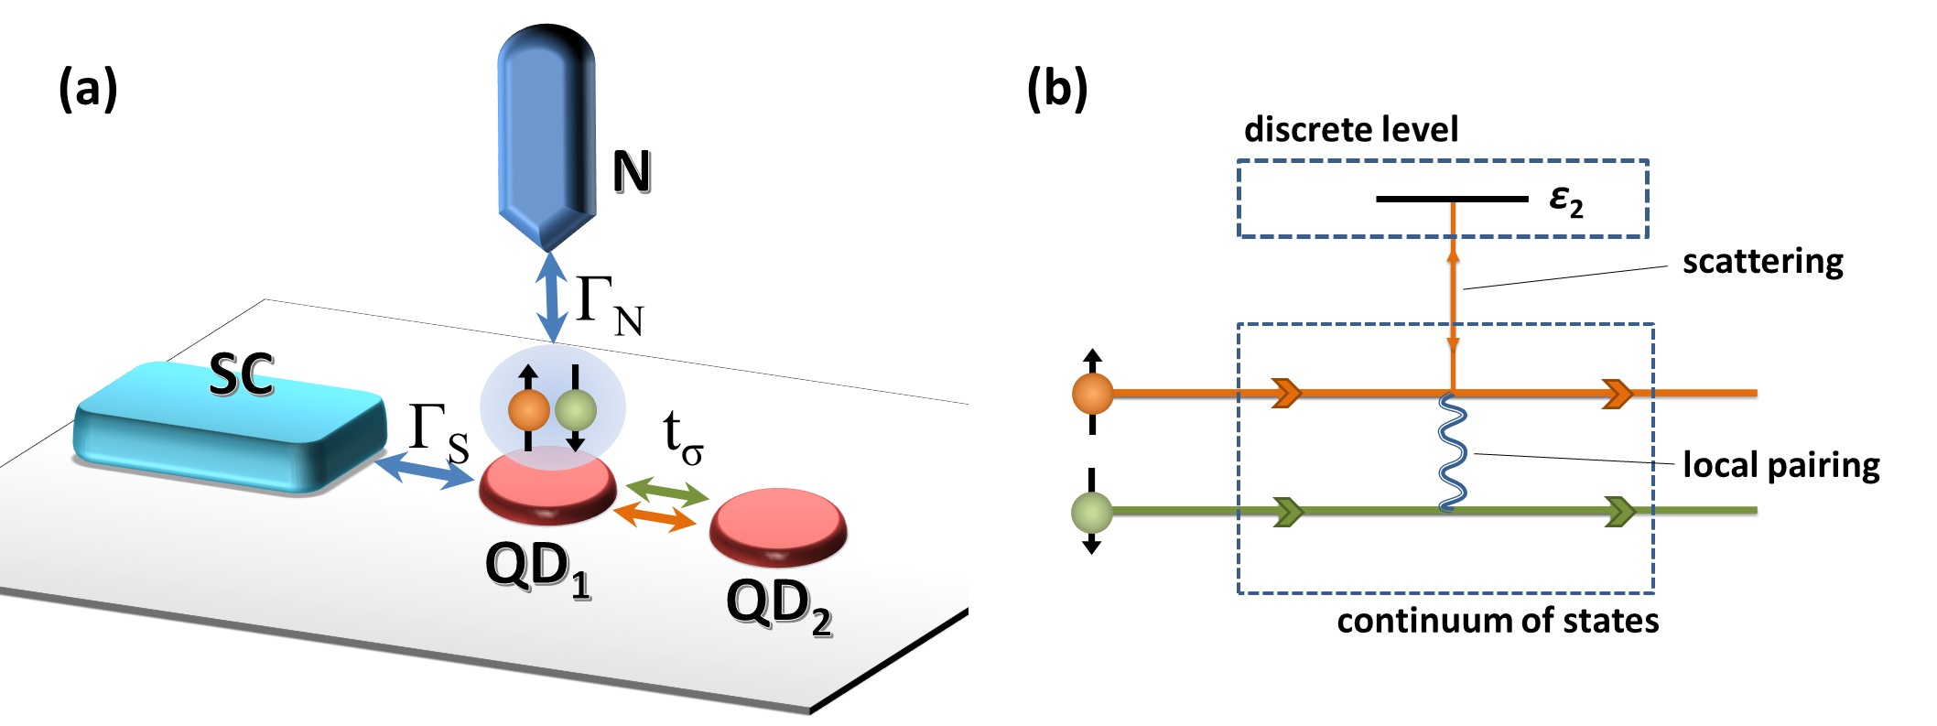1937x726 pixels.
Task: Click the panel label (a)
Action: (88, 90)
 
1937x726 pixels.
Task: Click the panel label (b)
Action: (1057, 90)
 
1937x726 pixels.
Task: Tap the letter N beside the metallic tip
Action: (632, 171)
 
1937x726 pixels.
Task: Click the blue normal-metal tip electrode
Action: (546, 137)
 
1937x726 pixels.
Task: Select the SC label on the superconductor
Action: (242, 374)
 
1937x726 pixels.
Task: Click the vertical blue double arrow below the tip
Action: (551, 298)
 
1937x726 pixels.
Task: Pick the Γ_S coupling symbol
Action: (438, 433)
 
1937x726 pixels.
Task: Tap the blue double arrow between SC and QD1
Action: (425, 471)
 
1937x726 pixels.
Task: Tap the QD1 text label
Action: (538, 569)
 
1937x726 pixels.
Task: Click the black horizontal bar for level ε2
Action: (1452, 199)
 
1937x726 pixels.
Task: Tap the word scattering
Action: (1763, 263)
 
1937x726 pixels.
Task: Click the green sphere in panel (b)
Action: (1092, 512)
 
